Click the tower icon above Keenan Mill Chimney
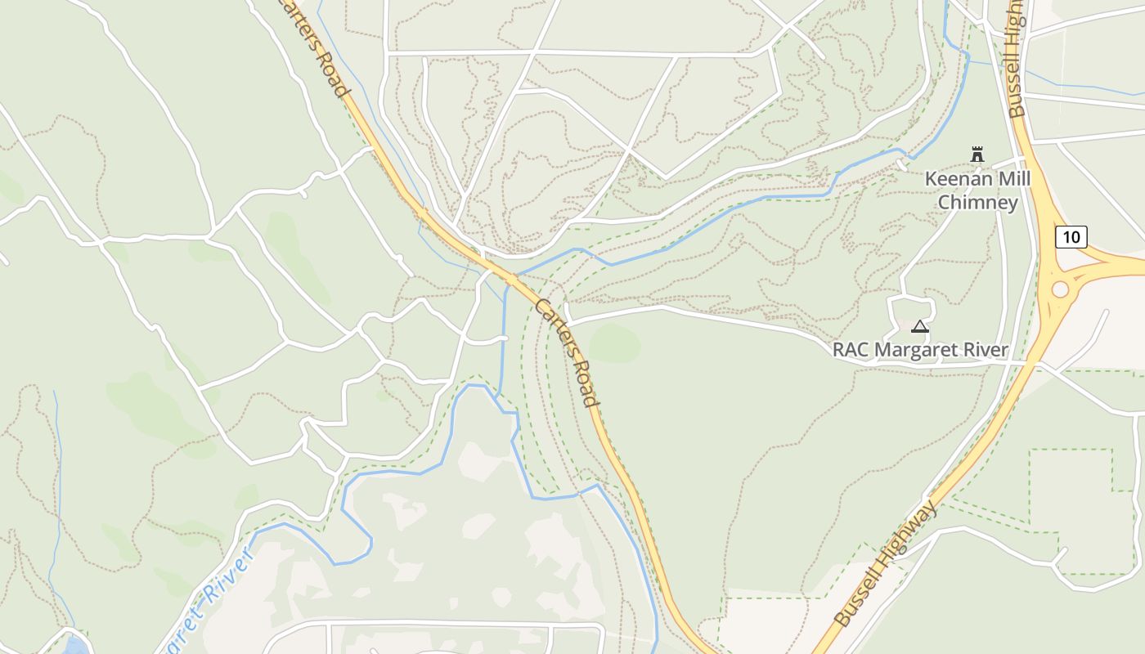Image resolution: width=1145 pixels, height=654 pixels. (x=977, y=154)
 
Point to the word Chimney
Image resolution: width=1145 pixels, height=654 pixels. (x=978, y=202)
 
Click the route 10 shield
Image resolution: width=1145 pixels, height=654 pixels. (x=1071, y=238)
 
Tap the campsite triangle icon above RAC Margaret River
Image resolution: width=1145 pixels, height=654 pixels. (x=920, y=327)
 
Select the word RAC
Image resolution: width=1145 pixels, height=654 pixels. (x=851, y=350)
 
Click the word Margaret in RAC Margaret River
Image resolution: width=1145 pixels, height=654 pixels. (x=919, y=350)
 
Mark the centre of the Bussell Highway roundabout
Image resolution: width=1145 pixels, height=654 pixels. (x=1061, y=289)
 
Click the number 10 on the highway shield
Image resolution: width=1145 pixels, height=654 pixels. (x=1071, y=238)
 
